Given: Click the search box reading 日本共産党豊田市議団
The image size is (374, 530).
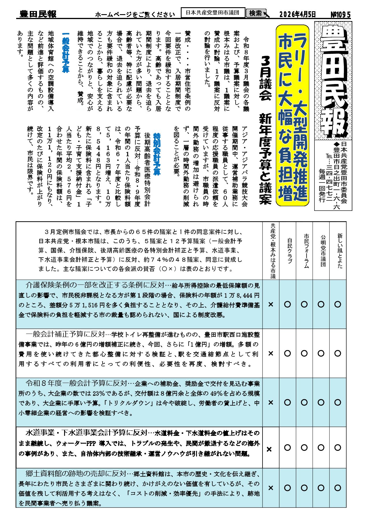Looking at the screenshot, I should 213,13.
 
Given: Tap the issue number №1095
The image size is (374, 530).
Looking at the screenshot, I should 340,14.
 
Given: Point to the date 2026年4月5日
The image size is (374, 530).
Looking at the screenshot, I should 297,14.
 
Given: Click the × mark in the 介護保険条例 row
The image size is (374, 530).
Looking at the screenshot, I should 271,304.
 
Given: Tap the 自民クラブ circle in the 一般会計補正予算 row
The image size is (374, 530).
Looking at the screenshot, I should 287,353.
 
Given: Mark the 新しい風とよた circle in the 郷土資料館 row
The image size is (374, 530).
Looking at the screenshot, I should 338,488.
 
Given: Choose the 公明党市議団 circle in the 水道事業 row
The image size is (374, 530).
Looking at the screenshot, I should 321,447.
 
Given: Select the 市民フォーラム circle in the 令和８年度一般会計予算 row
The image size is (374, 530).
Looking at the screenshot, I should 304,402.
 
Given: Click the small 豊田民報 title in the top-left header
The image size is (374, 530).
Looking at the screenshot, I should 38,14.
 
